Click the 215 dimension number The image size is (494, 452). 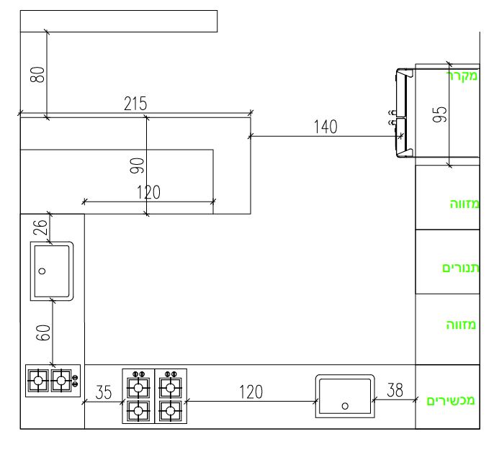(x=135, y=104)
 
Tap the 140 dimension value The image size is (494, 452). (x=325, y=127)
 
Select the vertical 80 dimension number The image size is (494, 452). (x=37, y=74)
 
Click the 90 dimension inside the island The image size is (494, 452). (x=138, y=166)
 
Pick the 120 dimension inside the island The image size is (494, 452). (x=148, y=191)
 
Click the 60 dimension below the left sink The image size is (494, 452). (x=42, y=333)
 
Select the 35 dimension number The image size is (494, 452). (x=104, y=392)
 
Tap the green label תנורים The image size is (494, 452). (x=461, y=268)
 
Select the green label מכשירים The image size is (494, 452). (x=452, y=400)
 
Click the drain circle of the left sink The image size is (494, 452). (x=42, y=271)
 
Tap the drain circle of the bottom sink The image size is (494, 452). (x=344, y=405)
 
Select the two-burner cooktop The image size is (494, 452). (x=50, y=379)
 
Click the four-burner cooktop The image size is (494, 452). (x=154, y=396)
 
